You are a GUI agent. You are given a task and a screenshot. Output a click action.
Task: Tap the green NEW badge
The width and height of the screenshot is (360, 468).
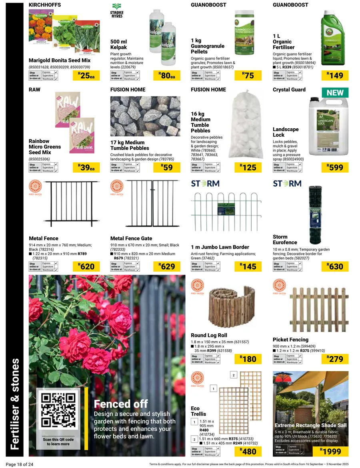(335, 93)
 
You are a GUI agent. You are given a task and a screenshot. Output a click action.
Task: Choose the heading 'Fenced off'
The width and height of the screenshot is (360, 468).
(121, 404)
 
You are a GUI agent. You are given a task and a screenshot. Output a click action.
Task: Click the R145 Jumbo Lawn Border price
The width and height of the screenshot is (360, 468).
(249, 267)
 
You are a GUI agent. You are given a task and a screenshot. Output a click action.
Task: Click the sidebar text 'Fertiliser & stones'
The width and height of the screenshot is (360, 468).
(15, 404)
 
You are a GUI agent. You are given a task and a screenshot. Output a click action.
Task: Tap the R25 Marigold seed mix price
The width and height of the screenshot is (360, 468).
(86, 76)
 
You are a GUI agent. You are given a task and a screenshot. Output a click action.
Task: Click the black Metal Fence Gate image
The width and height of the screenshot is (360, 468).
(145, 204)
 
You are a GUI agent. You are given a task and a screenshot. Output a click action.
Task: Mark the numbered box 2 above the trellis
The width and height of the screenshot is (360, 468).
(234, 375)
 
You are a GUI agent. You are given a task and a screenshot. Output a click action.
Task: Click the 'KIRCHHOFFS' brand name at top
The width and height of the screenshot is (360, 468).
(45, 5)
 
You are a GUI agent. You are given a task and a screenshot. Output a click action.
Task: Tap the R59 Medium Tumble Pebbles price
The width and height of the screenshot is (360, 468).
(167, 167)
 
